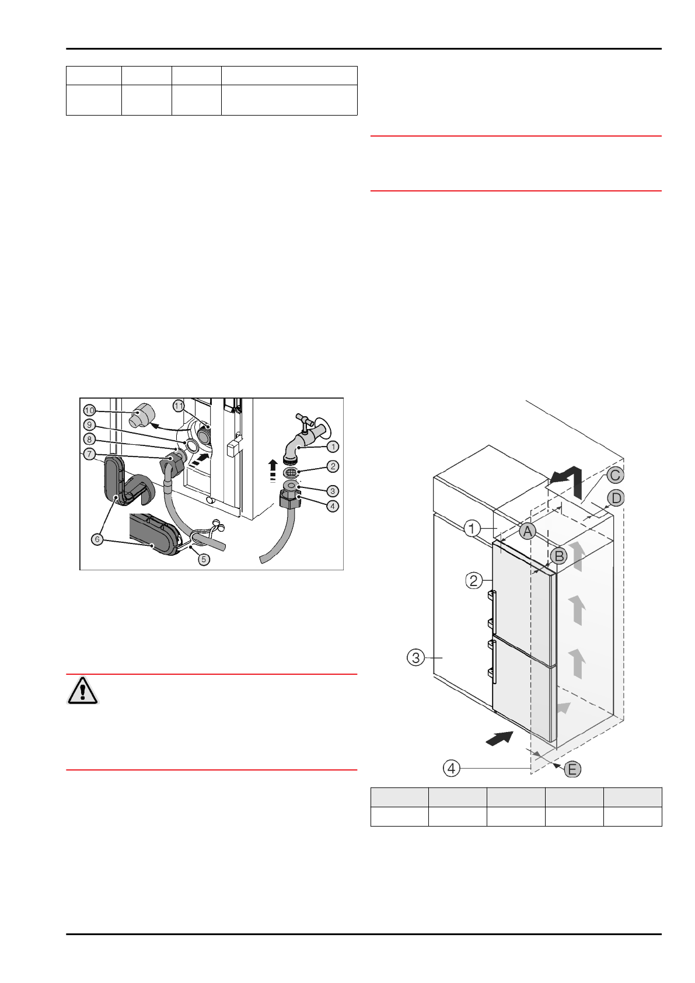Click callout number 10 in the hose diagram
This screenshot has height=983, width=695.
coord(89,409)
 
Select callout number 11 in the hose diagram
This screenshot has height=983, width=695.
coord(179,405)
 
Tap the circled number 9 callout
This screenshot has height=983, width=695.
coord(89,424)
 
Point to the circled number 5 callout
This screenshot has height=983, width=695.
coord(204,559)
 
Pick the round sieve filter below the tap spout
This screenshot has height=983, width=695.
coord(292,471)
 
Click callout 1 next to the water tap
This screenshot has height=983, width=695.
coord(333,447)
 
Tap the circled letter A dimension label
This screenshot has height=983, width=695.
coord(527,531)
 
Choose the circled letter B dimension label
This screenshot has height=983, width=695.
coord(558,556)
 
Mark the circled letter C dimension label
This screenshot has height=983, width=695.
coord(614,475)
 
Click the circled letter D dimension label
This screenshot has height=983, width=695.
coord(616,499)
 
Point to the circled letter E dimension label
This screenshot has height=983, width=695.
coord(572,769)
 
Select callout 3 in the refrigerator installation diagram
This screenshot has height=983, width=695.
coord(415,658)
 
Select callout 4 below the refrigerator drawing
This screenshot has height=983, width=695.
coord(452,768)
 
